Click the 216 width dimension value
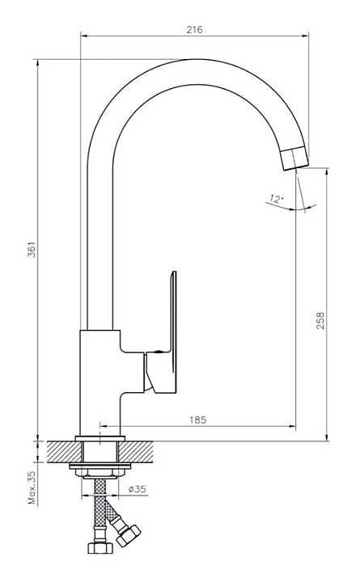coord(194,30)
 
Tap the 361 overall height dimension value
coord(32,250)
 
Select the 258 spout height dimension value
coord(320,321)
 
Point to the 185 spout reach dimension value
coord(197,420)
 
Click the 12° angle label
coord(276,199)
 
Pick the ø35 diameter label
coord(137,489)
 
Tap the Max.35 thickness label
coord(32,487)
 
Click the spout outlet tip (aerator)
coord(294,158)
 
